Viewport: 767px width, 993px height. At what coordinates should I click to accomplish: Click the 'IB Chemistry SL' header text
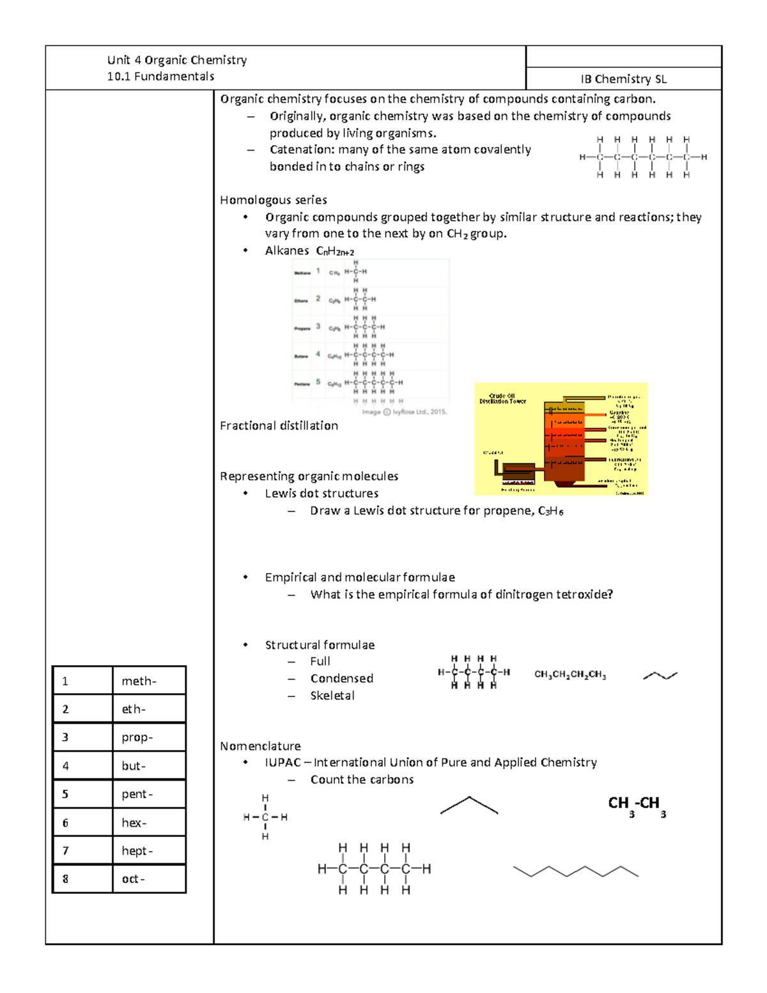coord(623,79)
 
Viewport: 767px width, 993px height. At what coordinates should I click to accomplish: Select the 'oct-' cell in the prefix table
coord(133,879)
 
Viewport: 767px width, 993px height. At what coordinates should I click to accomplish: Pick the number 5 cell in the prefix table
coord(65,794)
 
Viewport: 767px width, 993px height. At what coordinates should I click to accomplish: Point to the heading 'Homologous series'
coord(274,200)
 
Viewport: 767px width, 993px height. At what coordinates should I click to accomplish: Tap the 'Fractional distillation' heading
coord(279,426)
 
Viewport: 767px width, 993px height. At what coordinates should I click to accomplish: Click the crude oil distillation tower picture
coord(561,439)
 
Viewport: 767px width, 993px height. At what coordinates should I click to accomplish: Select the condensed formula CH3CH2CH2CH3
coord(569,675)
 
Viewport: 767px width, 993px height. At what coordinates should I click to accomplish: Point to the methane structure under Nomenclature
coord(265,817)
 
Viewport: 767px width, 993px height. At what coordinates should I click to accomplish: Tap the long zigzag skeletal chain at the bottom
coord(575,872)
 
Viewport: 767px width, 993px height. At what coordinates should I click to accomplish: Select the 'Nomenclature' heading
coord(260,746)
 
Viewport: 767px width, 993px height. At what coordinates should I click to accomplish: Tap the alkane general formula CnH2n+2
coord(335,251)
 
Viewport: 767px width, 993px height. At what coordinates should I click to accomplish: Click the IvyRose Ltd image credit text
coord(404,412)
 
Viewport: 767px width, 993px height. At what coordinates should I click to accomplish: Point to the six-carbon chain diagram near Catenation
coord(642,157)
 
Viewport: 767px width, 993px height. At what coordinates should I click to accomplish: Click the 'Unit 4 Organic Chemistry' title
coord(177,60)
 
